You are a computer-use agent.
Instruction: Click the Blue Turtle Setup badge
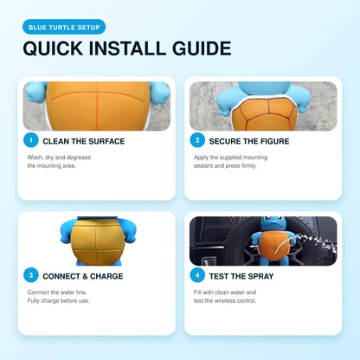click(x=64, y=27)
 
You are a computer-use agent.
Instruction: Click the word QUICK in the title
click(x=54, y=48)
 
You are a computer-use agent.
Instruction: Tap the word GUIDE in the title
click(x=202, y=48)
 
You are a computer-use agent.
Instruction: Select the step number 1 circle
click(x=31, y=140)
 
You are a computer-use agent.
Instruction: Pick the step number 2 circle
click(x=197, y=140)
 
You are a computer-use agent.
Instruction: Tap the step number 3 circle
click(x=31, y=275)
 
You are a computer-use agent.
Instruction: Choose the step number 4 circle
click(x=197, y=275)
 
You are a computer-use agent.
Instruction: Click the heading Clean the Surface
click(x=84, y=141)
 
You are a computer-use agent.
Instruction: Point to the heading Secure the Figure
click(x=249, y=141)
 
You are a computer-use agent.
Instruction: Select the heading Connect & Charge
click(x=83, y=276)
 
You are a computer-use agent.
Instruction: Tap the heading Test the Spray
click(x=241, y=276)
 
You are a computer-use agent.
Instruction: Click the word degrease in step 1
click(x=79, y=157)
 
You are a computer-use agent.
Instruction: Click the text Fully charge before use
click(x=58, y=301)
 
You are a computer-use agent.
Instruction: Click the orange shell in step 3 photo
click(x=98, y=241)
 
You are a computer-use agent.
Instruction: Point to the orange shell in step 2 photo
click(x=264, y=114)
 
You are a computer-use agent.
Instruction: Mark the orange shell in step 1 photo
click(x=98, y=106)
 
